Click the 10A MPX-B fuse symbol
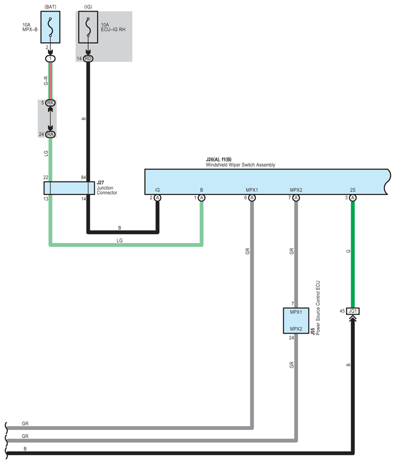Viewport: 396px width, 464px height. pyautogui.click(x=50, y=27)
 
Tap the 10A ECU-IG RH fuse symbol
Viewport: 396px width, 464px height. pyautogui.click(x=88, y=27)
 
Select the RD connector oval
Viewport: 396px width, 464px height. pyautogui.click(x=88, y=58)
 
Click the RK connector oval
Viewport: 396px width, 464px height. pyautogui.click(x=50, y=103)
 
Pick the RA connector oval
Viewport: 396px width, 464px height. pyautogui.click(x=50, y=134)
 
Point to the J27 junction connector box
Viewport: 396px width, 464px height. pyautogui.click(x=69, y=188)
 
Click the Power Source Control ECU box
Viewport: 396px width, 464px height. pyautogui.click(x=296, y=321)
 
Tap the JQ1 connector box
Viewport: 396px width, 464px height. pyautogui.click(x=353, y=311)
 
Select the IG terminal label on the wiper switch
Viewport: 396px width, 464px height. pyautogui.click(x=157, y=190)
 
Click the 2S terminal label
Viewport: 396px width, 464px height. pyautogui.click(x=353, y=190)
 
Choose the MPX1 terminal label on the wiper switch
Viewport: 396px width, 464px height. pyautogui.click(x=252, y=190)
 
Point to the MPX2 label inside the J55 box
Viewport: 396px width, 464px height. pyautogui.click(x=296, y=329)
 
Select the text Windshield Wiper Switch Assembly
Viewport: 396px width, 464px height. pyautogui.click(x=240, y=165)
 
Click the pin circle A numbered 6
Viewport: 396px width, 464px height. pyautogui.click(x=252, y=198)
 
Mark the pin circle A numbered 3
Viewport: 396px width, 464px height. pyautogui.click(x=353, y=198)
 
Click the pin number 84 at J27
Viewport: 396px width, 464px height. pyautogui.click(x=83, y=178)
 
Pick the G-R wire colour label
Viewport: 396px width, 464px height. pyautogui.click(x=46, y=81)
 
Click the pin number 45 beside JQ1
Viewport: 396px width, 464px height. pyautogui.click(x=342, y=311)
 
